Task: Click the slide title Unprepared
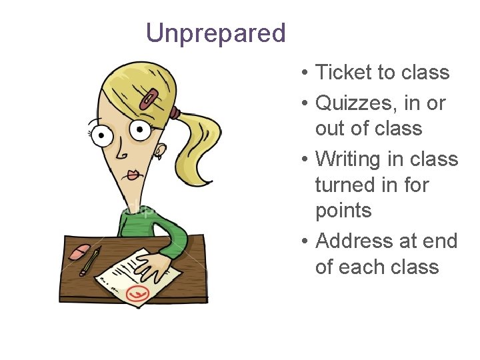tap(215, 33)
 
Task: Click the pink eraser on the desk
tap(80, 251)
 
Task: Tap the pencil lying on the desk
tap(90, 261)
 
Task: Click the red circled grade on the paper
tap(138, 293)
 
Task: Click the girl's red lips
tap(133, 175)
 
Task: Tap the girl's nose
tap(123, 155)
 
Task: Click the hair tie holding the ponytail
tap(174, 111)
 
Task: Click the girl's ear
tap(159, 151)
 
